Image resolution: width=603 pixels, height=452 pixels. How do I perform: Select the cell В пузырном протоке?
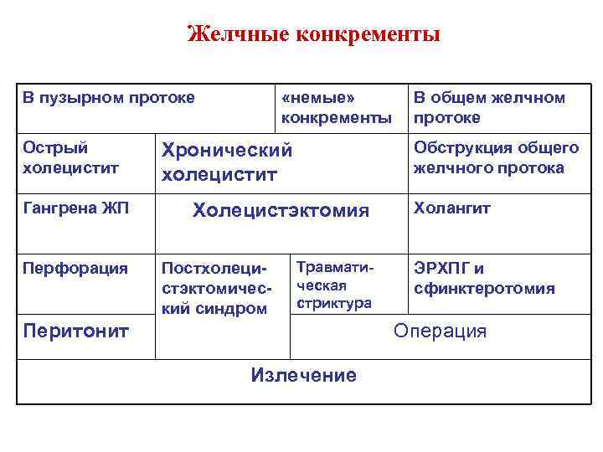[x=108, y=99]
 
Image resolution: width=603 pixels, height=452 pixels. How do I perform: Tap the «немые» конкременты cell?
[x=336, y=108]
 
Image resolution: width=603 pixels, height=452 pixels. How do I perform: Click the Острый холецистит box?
[x=70, y=157]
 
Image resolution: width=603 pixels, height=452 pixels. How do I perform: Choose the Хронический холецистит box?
[x=227, y=162]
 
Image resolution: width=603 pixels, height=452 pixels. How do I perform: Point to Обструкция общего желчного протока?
[x=495, y=157]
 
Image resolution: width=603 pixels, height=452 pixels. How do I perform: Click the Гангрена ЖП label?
[x=75, y=208]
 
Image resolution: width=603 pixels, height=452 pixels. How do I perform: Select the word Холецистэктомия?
[x=281, y=210]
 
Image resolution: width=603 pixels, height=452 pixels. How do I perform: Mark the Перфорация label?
[x=75, y=269]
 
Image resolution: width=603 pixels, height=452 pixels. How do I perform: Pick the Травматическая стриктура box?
[x=334, y=284]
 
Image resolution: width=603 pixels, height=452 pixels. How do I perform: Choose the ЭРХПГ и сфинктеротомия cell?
[x=483, y=279]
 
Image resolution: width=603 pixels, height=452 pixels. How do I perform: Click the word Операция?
[x=440, y=331]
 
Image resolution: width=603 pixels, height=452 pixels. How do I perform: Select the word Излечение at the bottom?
[x=303, y=375]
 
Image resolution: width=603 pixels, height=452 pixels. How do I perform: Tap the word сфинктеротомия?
[x=483, y=289]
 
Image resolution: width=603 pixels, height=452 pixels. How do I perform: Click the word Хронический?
[x=227, y=151]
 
